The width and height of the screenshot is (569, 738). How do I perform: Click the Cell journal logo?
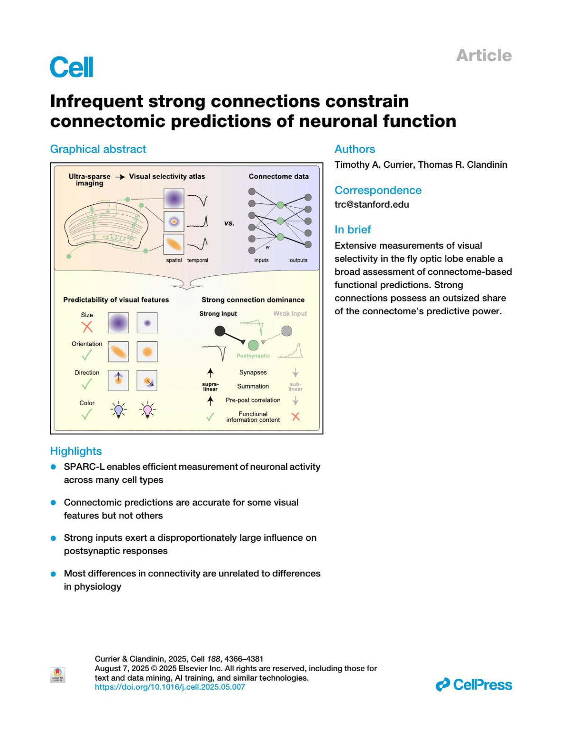point(72,67)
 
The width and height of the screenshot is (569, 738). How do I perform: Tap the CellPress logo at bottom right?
point(474,684)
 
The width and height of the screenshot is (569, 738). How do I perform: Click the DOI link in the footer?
point(170,687)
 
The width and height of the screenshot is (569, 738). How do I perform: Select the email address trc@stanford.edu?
point(371,204)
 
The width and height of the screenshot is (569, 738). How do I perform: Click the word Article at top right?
point(484,55)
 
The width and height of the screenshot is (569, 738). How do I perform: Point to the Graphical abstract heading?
point(98,149)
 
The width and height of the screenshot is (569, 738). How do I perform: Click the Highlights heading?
point(76,451)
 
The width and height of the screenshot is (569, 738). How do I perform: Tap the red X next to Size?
point(87,327)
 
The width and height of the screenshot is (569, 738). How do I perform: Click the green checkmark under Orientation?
point(87,355)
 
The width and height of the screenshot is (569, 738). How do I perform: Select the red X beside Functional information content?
point(295,417)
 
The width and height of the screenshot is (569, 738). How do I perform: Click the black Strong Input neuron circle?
point(220,331)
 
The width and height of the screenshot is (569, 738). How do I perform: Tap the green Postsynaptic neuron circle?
point(253,345)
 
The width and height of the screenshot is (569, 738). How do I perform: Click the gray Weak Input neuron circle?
point(286,331)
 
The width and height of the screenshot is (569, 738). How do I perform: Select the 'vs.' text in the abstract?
point(229,223)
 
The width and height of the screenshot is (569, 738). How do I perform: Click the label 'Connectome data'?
point(278,176)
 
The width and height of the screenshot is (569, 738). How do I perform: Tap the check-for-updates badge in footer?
point(57,674)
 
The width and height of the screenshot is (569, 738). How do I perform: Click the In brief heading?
point(352,229)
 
